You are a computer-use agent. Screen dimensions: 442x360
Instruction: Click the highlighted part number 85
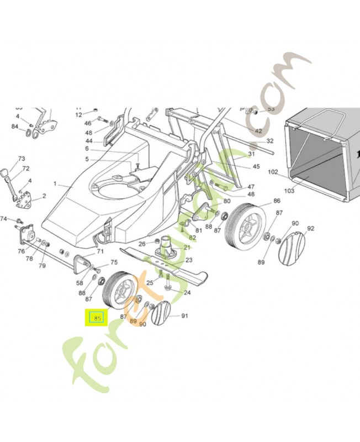(97, 318)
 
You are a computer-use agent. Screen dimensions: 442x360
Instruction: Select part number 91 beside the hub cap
(184, 316)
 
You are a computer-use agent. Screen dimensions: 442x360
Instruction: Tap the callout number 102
(273, 172)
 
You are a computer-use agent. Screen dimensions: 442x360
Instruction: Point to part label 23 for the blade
(188, 260)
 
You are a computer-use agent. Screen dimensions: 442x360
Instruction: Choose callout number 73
(22, 159)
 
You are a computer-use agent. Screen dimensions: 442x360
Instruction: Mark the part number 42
(258, 131)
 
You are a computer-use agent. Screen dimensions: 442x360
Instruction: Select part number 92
(310, 228)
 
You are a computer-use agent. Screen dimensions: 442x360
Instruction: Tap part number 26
(141, 244)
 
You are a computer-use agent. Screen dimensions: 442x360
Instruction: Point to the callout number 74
(3, 219)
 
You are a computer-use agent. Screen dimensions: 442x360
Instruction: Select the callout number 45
(256, 166)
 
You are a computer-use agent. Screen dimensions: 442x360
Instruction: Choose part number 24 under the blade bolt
(187, 292)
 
